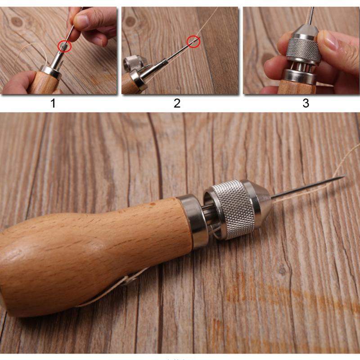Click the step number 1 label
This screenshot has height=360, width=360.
click(53, 103)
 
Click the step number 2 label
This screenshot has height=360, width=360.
click(177, 103)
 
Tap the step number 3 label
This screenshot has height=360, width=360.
click(306, 103)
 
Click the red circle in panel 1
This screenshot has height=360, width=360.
click(64, 45)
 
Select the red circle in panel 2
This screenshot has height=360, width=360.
click(193, 42)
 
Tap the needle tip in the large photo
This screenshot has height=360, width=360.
click(344, 176)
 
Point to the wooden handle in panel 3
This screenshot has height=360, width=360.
click(295, 87)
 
